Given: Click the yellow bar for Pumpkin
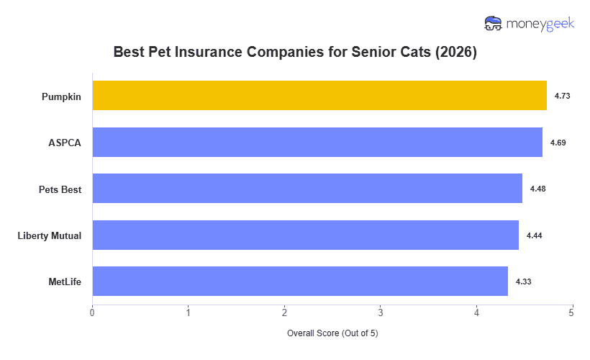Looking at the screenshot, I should tap(319, 95).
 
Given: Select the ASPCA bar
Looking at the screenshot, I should tap(317, 142).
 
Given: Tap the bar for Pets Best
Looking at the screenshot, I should tap(307, 188).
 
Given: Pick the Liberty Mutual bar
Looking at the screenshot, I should tap(305, 235).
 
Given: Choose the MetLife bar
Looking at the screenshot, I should tap(300, 281).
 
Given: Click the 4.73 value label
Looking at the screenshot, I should tap(562, 96).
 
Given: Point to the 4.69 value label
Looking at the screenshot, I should tap(558, 143).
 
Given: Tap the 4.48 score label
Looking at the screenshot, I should tap(537, 189).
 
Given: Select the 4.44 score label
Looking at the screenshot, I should tap(534, 235).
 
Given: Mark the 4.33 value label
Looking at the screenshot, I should tap(523, 282).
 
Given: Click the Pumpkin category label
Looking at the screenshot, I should tap(61, 96).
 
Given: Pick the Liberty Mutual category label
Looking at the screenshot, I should tap(49, 235).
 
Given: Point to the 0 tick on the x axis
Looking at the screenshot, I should tap(92, 312).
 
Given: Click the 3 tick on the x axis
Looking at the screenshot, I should tap(380, 312).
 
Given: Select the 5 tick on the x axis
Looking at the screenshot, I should tap(571, 312).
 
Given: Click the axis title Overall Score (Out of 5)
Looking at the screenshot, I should tap(332, 333).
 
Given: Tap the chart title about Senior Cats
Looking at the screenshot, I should tap(295, 53).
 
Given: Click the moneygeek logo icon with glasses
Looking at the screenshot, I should tap(494, 23).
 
